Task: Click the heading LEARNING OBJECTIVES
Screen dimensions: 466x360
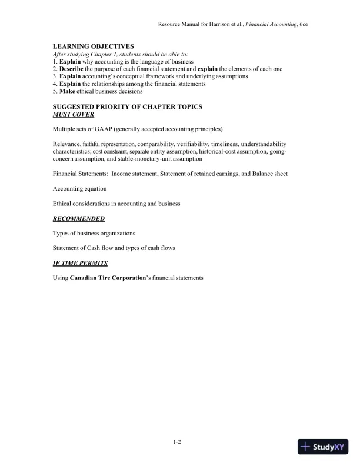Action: (93, 46)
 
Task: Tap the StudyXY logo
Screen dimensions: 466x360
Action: (323, 447)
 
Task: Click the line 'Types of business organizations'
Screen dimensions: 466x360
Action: (94, 233)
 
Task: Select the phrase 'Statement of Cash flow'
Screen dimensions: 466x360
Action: (84, 248)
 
